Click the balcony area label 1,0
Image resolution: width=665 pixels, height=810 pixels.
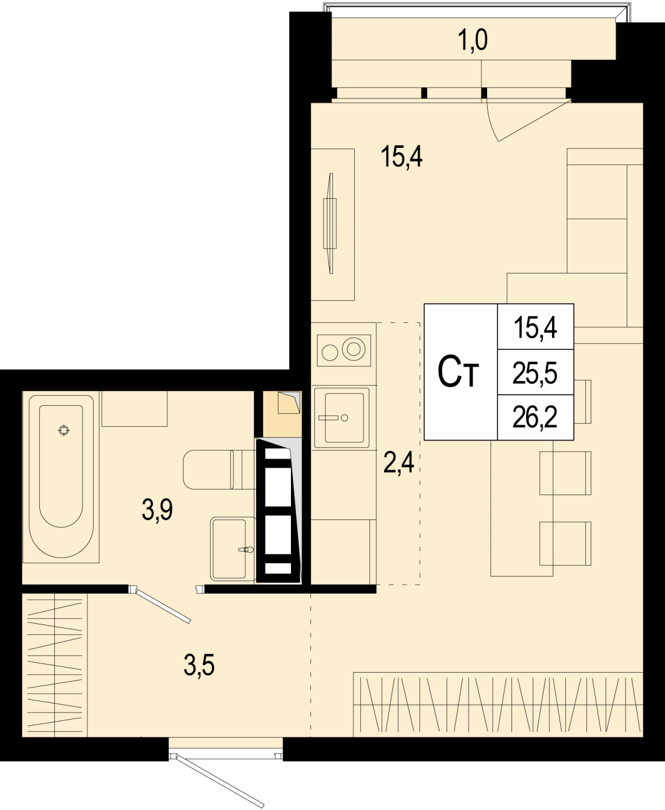pyautogui.click(x=472, y=40)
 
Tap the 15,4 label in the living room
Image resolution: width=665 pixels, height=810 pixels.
pyautogui.click(x=402, y=157)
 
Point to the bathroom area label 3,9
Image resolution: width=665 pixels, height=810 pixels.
pyautogui.click(x=157, y=510)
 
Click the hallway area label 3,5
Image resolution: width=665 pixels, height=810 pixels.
pyautogui.click(x=199, y=665)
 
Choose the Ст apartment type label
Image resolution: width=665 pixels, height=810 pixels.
pyautogui.click(x=458, y=372)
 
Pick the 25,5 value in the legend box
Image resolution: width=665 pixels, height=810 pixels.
pyautogui.click(x=535, y=373)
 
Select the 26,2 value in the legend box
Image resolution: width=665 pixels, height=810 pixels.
pyautogui.click(x=535, y=418)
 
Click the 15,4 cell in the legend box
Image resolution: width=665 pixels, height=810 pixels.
pyautogui.click(x=535, y=328)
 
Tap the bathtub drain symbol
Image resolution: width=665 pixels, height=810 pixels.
pyautogui.click(x=64, y=431)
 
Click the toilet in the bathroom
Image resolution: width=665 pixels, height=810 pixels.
pyautogui.click(x=219, y=470)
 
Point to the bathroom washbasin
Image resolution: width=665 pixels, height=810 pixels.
pyautogui.click(x=233, y=549)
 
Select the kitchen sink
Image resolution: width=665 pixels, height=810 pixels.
pyautogui.click(x=342, y=418)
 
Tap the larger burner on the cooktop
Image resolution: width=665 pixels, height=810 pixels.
pyautogui.click(x=354, y=349)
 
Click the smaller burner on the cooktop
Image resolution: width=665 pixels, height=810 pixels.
pyautogui.click(x=330, y=353)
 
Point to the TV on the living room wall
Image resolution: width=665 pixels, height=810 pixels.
pyautogui.click(x=330, y=223)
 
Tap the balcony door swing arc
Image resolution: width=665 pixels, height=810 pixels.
pyautogui.click(x=491, y=121)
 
